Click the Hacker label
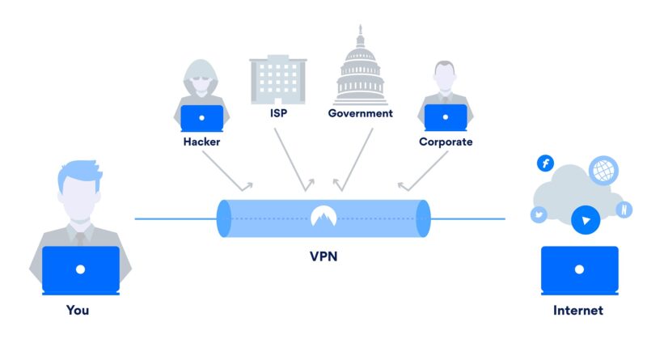tap(201, 142)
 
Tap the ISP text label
tap(278, 113)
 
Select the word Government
tap(360, 113)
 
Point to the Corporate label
tap(446, 142)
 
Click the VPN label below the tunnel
tap(323, 256)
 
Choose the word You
tap(78, 310)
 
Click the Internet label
tap(578, 310)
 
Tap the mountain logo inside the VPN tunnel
tap(323, 216)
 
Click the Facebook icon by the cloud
tap(545, 163)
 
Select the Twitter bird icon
tap(539, 214)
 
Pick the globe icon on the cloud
tap(603, 170)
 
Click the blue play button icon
tap(586, 220)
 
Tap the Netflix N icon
tap(624, 210)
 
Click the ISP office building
tap(278, 79)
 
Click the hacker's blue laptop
tap(201, 118)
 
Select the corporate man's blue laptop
tap(446, 117)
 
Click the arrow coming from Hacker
tap(226, 171)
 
